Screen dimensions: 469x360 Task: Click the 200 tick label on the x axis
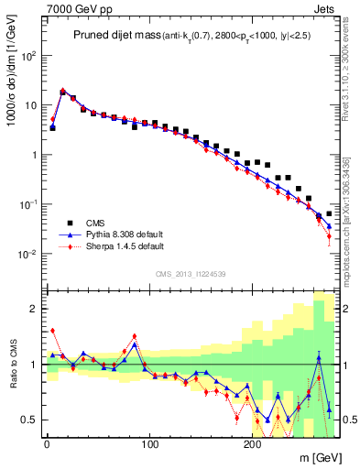click(x=253, y=443)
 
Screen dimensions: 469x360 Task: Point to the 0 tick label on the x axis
click(x=47, y=443)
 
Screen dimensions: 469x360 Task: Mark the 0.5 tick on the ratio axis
click(x=29, y=420)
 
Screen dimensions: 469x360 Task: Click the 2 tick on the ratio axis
click(x=35, y=309)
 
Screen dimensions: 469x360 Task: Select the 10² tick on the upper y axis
click(x=27, y=55)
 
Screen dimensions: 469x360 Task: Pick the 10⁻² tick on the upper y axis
click(x=27, y=254)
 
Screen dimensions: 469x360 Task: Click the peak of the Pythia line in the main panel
click(x=62, y=91)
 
